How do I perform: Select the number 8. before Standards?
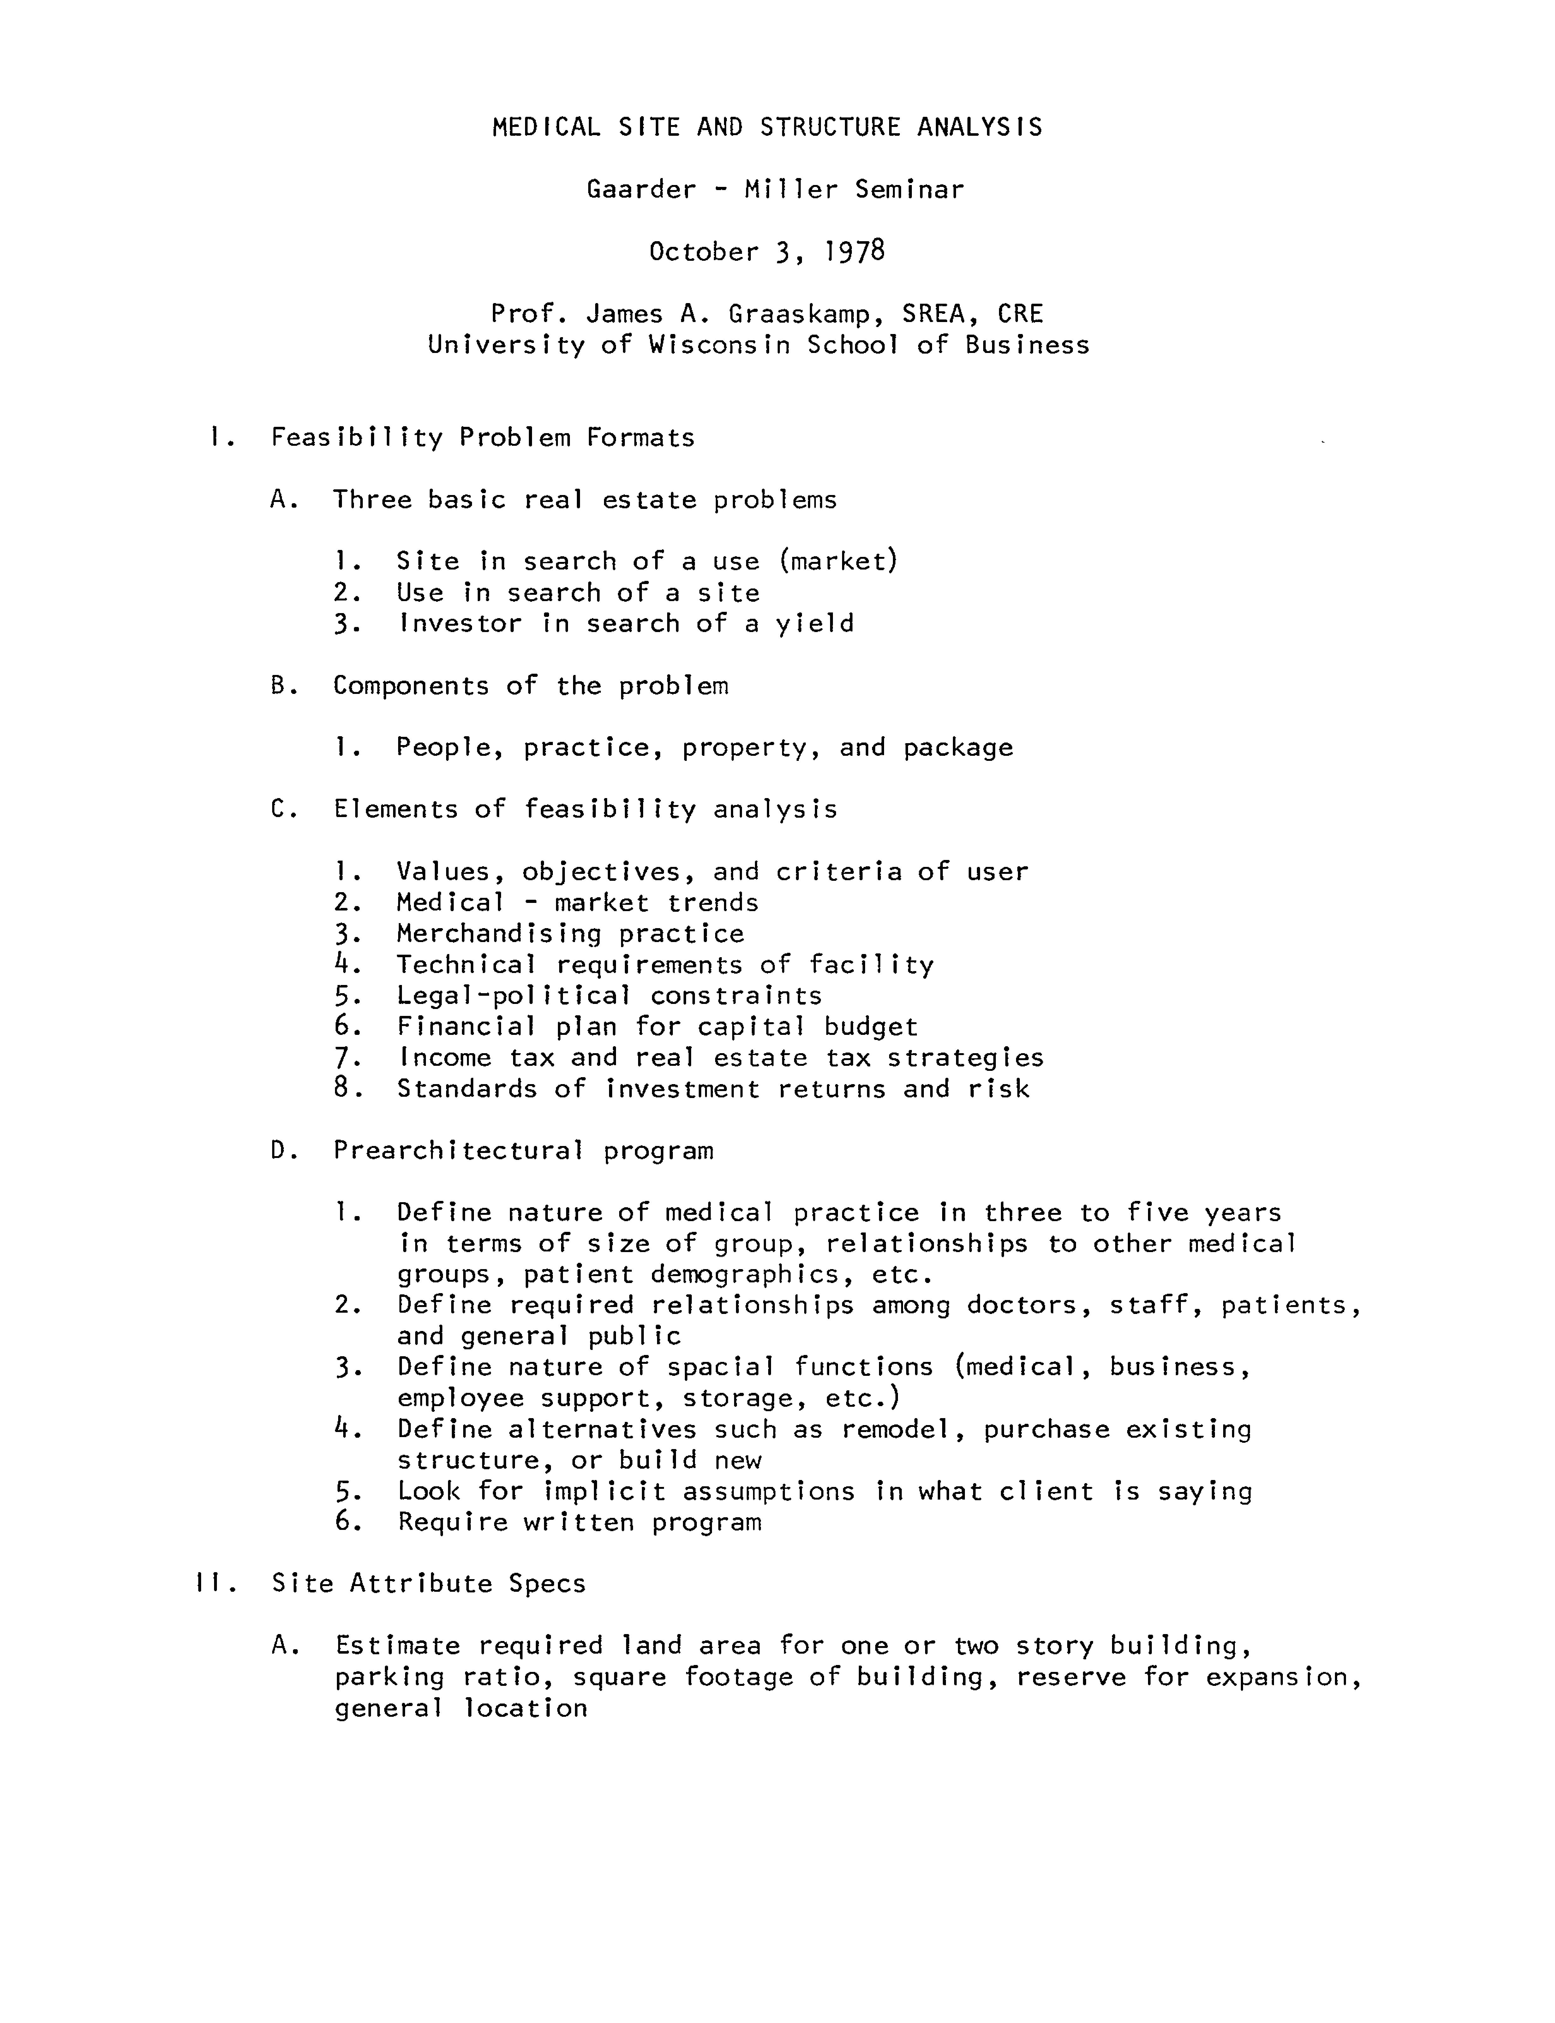coord(347,1088)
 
